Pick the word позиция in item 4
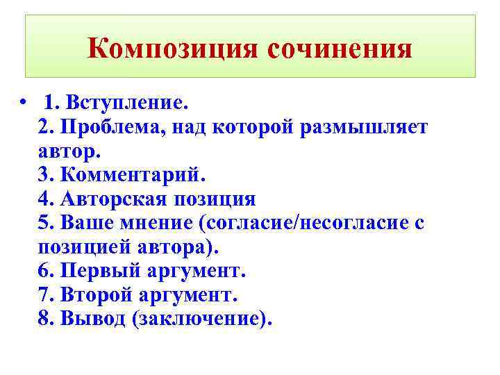click(219, 200)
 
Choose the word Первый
click(98, 272)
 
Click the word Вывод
click(91, 319)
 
